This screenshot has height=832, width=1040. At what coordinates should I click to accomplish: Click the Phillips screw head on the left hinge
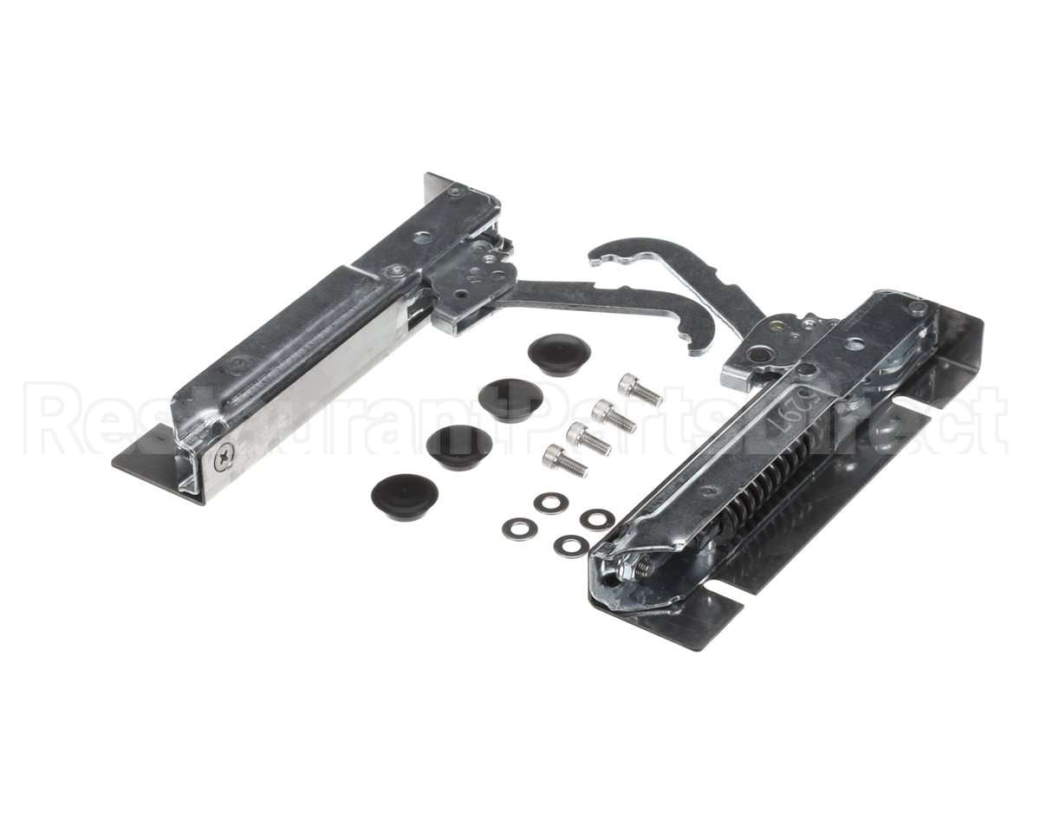click(225, 452)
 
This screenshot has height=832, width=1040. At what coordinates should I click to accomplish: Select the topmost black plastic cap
click(559, 353)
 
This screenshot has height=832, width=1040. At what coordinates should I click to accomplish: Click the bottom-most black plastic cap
click(404, 496)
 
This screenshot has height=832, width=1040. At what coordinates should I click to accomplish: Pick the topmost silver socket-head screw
click(640, 390)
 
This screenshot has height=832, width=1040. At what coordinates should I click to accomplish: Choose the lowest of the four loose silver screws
click(564, 460)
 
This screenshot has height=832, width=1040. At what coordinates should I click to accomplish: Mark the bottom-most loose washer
click(571, 546)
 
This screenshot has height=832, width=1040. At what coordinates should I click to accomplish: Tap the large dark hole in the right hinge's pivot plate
click(759, 354)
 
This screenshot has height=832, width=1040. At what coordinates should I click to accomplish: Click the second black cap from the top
click(511, 399)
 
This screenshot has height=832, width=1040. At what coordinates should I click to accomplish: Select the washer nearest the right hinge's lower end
click(597, 519)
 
